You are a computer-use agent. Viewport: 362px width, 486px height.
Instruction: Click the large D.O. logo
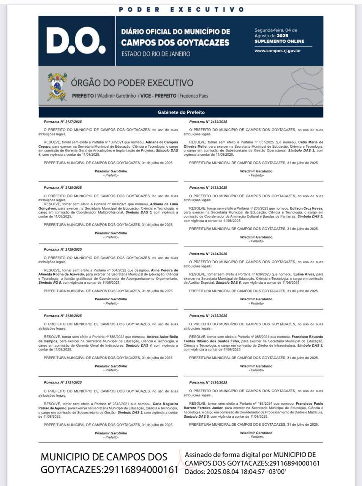click(x=76, y=41)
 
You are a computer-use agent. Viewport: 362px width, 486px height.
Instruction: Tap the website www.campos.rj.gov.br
click(x=278, y=50)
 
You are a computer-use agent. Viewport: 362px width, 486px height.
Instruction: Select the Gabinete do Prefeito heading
click(x=181, y=112)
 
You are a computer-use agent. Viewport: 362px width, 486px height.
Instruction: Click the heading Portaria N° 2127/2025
click(x=63, y=122)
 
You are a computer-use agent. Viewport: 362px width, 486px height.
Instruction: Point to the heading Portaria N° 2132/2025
click(x=208, y=122)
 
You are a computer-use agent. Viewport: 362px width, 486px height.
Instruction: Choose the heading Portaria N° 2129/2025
click(x=63, y=249)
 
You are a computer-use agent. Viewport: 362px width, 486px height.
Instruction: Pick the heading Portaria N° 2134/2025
click(x=208, y=254)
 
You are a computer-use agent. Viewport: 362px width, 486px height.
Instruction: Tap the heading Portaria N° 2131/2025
click(x=63, y=382)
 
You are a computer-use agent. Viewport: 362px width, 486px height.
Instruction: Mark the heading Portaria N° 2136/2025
click(x=208, y=382)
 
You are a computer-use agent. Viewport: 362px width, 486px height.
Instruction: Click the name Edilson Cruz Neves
click(x=306, y=208)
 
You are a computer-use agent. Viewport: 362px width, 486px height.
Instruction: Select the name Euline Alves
click(x=304, y=274)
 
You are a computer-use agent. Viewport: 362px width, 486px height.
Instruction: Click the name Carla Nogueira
click(x=165, y=404)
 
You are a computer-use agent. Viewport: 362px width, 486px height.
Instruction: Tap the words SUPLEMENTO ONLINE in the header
click(x=279, y=41)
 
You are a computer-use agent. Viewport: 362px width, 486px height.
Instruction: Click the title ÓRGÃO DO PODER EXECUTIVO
click(x=132, y=83)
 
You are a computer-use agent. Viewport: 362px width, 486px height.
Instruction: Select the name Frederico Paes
click(x=194, y=96)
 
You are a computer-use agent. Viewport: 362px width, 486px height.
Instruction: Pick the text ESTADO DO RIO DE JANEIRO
click(x=156, y=54)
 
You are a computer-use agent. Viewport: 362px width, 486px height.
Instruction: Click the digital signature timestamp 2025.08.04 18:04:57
click(x=239, y=472)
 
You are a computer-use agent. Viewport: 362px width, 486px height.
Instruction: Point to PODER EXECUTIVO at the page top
click(x=181, y=9)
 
